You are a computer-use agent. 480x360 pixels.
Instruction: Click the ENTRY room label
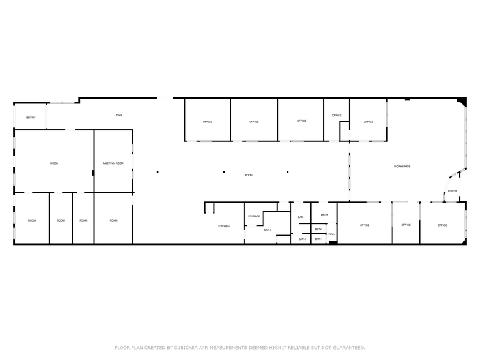(x=30, y=118)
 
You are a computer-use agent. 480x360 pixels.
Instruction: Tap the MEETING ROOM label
(x=113, y=163)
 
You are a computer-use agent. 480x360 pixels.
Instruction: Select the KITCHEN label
(x=224, y=227)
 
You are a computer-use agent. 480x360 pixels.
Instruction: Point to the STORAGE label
(x=253, y=216)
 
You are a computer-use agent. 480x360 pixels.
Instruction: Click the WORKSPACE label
(x=402, y=167)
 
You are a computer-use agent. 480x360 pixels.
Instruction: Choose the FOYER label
(x=452, y=191)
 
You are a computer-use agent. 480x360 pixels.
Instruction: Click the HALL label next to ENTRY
(x=119, y=115)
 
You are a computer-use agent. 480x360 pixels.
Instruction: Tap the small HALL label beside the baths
(x=331, y=234)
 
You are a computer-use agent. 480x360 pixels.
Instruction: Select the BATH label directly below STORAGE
(x=267, y=230)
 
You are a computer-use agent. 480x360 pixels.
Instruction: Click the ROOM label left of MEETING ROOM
(x=54, y=163)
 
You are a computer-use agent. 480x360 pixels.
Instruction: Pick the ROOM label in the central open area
(x=249, y=176)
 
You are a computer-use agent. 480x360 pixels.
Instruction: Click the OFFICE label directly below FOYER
(x=442, y=225)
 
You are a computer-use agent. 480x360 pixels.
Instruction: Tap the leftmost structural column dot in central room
(x=157, y=172)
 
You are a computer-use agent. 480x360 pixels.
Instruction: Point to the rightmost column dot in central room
(x=287, y=172)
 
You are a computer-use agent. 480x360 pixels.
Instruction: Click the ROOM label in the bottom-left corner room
(x=32, y=220)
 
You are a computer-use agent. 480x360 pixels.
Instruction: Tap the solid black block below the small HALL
(x=332, y=242)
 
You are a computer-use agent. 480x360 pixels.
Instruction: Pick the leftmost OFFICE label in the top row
(x=208, y=122)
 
